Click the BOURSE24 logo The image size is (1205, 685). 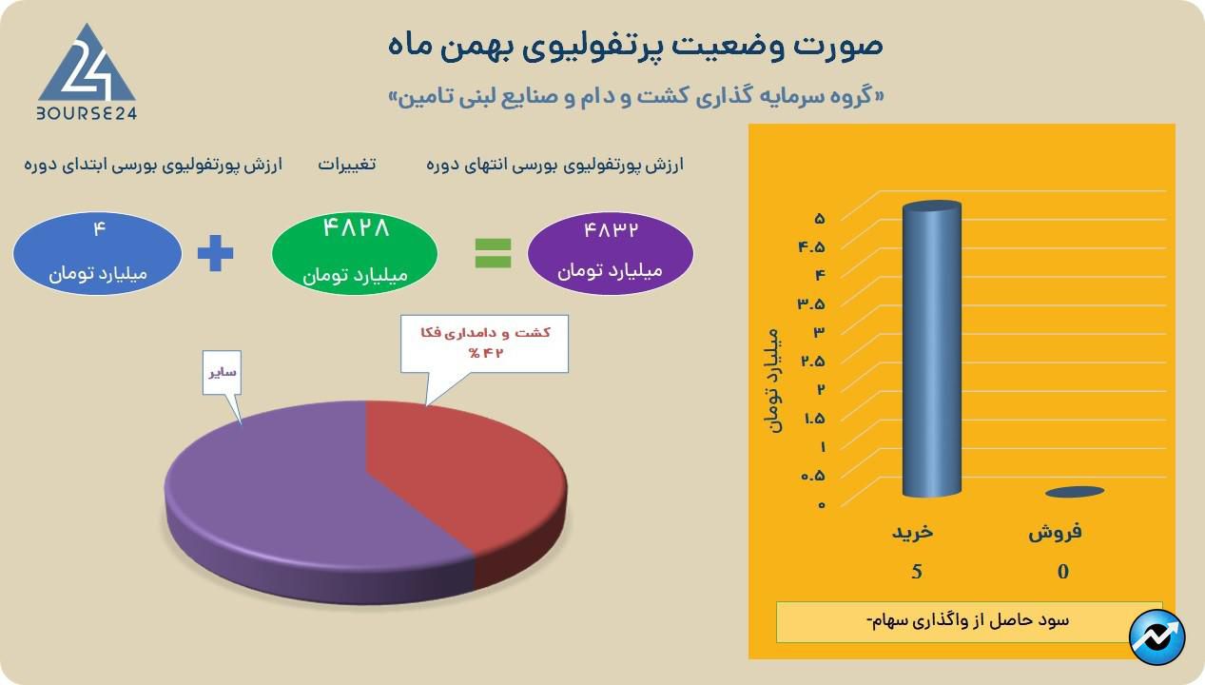(x=87, y=72)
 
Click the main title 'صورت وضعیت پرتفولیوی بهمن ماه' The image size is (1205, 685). (x=635, y=45)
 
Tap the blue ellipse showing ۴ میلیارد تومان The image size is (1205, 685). (x=97, y=254)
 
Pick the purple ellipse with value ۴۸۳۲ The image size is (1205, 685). (x=610, y=253)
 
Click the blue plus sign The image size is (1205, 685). (x=216, y=254)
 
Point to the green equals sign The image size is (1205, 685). (x=493, y=253)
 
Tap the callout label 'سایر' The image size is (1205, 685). (x=224, y=373)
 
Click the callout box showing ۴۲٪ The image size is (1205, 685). (x=484, y=343)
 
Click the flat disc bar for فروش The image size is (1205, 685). (x=1075, y=492)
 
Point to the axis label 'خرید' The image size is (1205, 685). (x=912, y=533)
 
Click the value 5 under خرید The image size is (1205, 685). (x=916, y=572)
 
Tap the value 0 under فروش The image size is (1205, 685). (x=1063, y=572)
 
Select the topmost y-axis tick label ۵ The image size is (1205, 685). (x=820, y=218)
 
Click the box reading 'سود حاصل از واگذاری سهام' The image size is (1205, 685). (x=968, y=621)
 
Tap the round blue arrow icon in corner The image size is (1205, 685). (x=1156, y=636)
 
